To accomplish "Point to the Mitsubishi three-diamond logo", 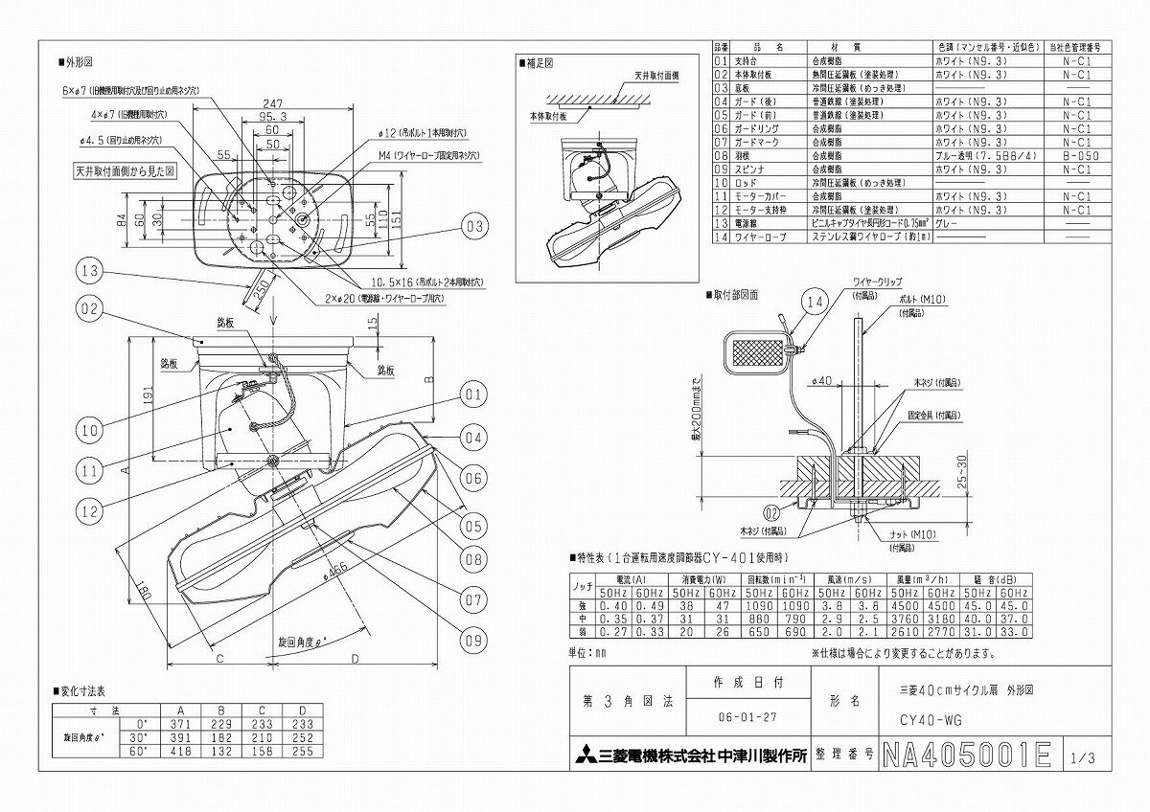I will pyautogui.click(x=585, y=754).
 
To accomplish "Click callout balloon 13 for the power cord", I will pyautogui.click(x=89, y=273).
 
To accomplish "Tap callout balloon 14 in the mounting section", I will pyautogui.click(x=814, y=303).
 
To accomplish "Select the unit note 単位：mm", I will pyautogui.click(x=589, y=652).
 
